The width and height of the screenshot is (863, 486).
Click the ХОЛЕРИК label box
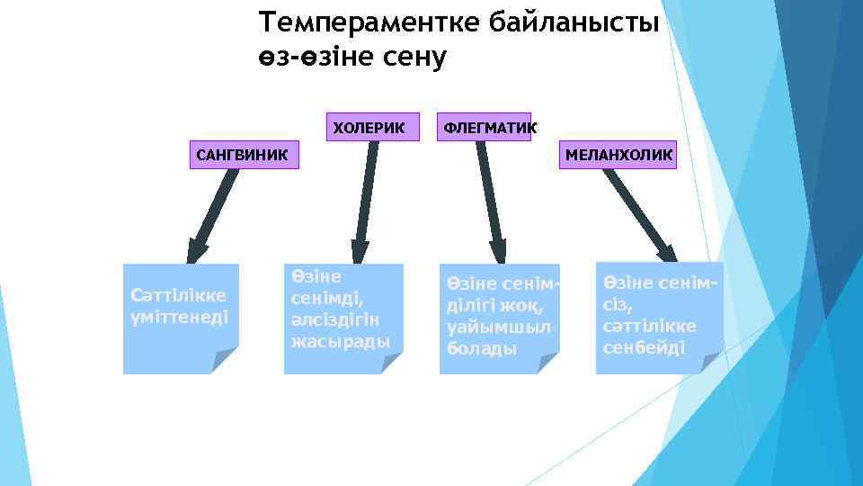pos(369,127)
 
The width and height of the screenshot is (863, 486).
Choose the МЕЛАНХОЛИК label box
pos(618,155)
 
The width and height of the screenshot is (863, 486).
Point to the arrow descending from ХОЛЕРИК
pos(366,202)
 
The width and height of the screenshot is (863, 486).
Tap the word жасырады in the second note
pos(340,342)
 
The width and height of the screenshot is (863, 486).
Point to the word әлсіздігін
pos(334,321)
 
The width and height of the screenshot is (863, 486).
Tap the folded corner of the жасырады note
pos(390,362)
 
